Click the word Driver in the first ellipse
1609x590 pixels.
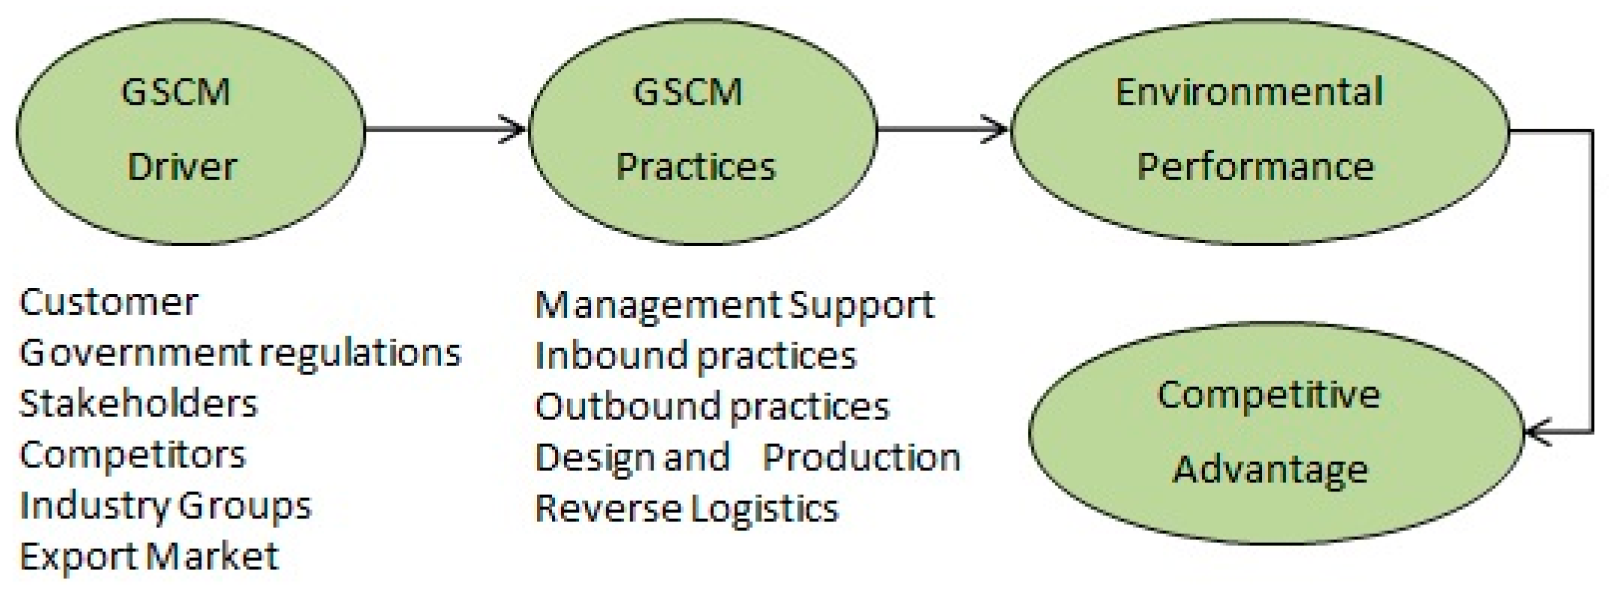coord(182,168)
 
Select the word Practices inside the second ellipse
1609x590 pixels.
coord(695,168)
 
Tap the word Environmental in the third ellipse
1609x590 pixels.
coord(1249,92)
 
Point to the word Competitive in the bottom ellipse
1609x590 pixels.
coord(1268,395)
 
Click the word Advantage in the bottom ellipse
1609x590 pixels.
coord(1270,470)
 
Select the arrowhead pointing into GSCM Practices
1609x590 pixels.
coord(516,129)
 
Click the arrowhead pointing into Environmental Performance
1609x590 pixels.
coord(997,129)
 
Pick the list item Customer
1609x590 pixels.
coord(109,303)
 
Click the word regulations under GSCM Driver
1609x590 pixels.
coord(360,354)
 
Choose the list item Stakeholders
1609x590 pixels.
coord(138,404)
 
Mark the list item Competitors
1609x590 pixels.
coord(132,455)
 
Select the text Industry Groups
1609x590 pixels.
coord(165,506)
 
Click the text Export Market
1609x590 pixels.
coord(148,556)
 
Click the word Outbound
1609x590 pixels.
coord(627,407)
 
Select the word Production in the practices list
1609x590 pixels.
coord(861,458)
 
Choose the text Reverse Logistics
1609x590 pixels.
coord(687,508)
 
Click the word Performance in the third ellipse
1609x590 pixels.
coord(1255,168)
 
